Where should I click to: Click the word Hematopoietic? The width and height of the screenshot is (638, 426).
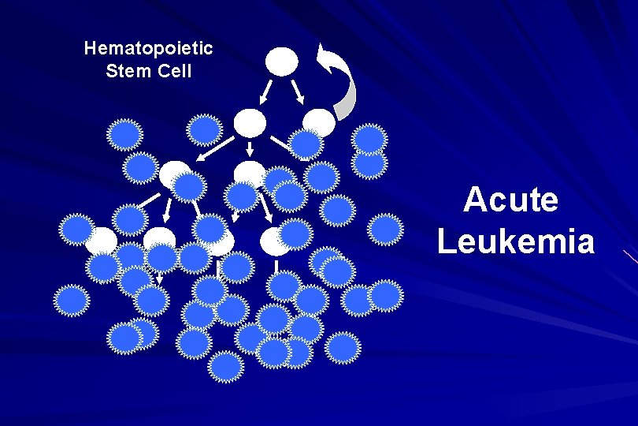click(x=148, y=49)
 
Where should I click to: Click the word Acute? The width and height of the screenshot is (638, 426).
click(x=510, y=200)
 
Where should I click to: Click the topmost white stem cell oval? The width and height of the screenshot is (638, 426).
click(x=282, y=62)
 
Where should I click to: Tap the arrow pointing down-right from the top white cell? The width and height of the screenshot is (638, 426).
click(x=299, y=93)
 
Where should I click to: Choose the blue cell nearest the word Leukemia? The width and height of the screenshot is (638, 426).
click(x=387, y=229)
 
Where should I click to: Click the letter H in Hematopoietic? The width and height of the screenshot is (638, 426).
click(x=89, y=49)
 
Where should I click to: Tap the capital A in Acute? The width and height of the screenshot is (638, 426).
click(x=475, y=200)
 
